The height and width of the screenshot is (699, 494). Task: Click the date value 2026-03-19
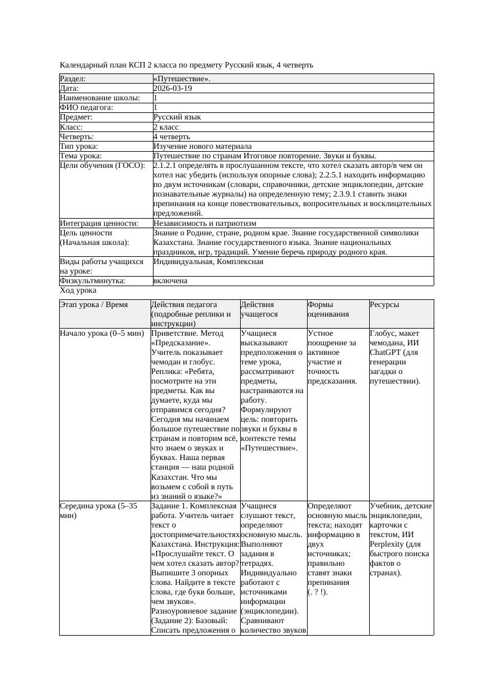(x=173, y=88)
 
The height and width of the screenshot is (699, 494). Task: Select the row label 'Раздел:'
(x=73, y=79)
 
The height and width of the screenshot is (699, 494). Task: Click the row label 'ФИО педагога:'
(x=87, y=108)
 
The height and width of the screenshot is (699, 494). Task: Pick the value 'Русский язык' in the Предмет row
(x=177, y=117)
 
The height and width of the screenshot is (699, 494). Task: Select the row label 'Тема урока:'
(x=81, y=156)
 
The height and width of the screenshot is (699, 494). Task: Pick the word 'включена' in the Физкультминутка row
(x=170, y=281)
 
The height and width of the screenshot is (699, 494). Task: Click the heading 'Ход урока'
(x=78, y=290)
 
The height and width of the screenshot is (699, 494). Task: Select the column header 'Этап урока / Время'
(x=94, y=305)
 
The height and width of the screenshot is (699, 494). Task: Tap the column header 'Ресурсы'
(x=385, y=305)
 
